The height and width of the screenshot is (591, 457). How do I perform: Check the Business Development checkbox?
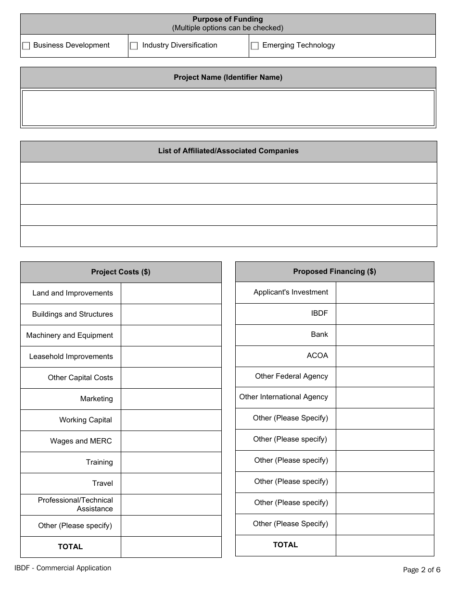coord(26,46)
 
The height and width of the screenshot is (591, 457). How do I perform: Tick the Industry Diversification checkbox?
coord(134,46)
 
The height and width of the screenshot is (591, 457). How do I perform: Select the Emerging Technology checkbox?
coord(254,46)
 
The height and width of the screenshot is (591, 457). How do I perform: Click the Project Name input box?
coord(228,108)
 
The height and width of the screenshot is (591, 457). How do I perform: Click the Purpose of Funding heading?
coord(228,20)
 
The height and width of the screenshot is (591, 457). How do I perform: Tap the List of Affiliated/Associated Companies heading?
coord(228,151)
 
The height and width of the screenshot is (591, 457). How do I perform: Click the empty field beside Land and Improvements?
coord(171,293)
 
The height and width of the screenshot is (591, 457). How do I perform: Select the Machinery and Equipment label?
coord(70,335)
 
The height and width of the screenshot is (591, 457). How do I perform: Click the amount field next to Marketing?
coord(171,399)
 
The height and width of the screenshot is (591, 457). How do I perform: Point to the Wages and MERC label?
coord(81,441)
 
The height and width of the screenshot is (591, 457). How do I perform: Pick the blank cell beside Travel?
coord(171,483)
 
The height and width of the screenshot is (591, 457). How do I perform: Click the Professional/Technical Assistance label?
coord(76,505)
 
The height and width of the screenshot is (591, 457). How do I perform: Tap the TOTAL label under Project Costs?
coord(70,547)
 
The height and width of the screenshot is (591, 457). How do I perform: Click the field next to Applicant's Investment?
coord(385,292)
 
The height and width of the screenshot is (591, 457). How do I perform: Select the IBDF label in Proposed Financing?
coord(319,313)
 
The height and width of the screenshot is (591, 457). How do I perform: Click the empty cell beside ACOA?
coord(385,356)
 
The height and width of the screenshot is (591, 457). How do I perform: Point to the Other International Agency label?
coord(283,397)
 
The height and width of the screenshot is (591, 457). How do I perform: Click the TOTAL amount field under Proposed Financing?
coord(385,545)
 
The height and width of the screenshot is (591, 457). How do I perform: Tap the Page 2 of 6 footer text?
coord(421,570)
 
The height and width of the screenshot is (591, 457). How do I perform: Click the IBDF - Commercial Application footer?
coord(63,568)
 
